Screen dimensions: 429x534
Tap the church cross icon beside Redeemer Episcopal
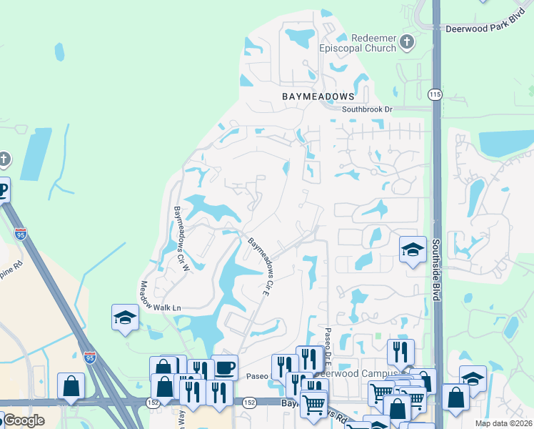pyautogui.click(x=408, y=41)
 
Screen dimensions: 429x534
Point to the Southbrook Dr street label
pyautogui.click(x=367, y=109)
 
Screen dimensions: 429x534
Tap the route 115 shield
pyautogui.click(x=435, y=94)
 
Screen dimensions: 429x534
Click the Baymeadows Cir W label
pyautogui.click(x=181, y=239)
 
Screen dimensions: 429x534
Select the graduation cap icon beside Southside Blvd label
pyautogui.click(x=412, y=250)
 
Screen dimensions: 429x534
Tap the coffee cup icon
pyautogui.click(x=225, y=368)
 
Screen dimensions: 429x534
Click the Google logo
pyautogui.click(x=24, y=420)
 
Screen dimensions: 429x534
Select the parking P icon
pyautogui.click(x=3, y=190)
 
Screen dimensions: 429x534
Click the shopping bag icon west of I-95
pyautogui.click(x=71, y=386)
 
